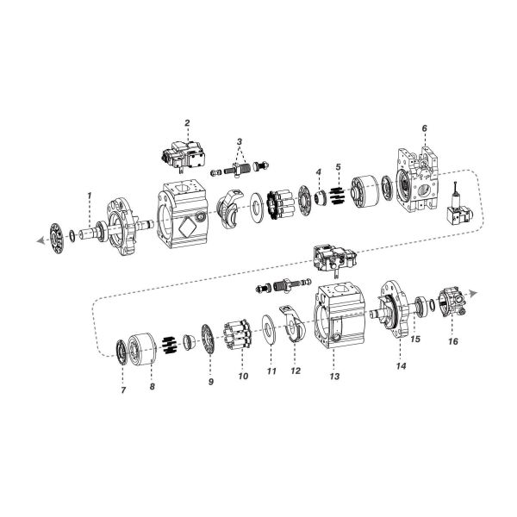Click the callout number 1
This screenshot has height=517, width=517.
tap(89, 196)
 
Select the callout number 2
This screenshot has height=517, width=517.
tap(187, 122)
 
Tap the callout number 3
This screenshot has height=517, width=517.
tap(240, 140)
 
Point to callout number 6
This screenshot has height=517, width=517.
tap(425, 128)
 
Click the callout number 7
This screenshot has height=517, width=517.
tap(123, 390)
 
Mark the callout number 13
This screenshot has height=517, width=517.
tap(335, 377)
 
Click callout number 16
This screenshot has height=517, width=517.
tap(453, 341)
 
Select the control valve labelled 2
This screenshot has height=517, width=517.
tap(184, 154)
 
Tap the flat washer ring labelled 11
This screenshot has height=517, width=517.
tap(271, 328)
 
